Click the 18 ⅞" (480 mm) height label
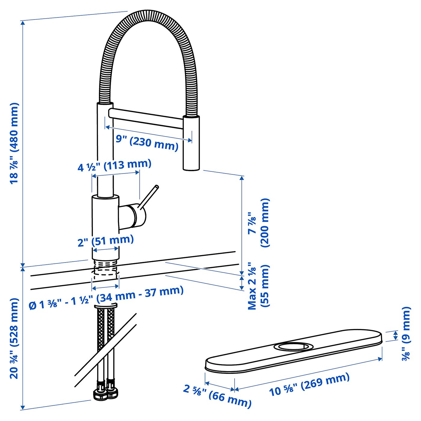(14, 143)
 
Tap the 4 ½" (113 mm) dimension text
(115, 165)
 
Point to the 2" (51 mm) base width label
(106, 241)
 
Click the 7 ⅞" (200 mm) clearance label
(259, 223)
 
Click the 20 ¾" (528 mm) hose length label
(14, 338)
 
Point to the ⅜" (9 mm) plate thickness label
(406, 334)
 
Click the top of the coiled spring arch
(149, 15)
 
